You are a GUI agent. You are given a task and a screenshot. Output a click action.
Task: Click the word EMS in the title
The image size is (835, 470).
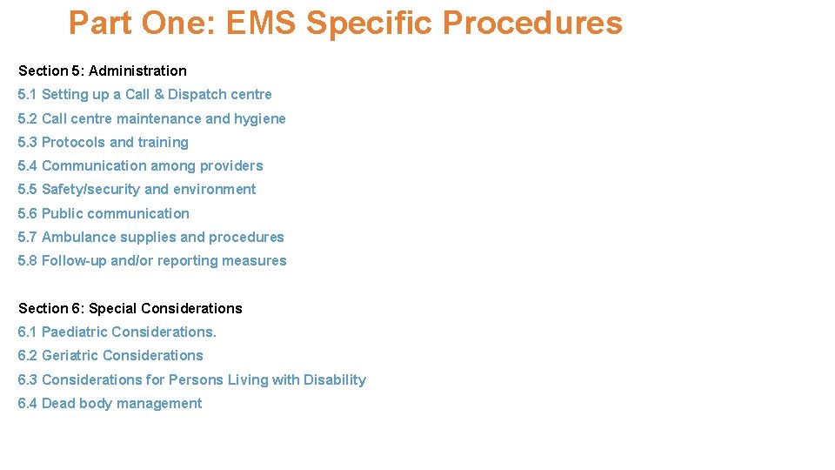[x=262, y=23]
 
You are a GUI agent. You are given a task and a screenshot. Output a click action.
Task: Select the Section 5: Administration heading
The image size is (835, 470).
[x=103, y=70]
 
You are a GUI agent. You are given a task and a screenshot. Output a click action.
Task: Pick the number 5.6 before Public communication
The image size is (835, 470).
[x=28, y=213]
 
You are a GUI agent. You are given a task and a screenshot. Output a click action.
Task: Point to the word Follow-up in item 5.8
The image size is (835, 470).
[x=74, y=260]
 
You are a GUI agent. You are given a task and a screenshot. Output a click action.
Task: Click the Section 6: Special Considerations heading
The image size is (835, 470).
[x=130, y=308]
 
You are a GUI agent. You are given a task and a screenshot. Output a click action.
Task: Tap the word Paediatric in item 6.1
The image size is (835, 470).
[x=75, y=332]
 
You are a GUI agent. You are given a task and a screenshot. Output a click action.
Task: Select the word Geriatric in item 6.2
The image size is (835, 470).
[x=70, y=355]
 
